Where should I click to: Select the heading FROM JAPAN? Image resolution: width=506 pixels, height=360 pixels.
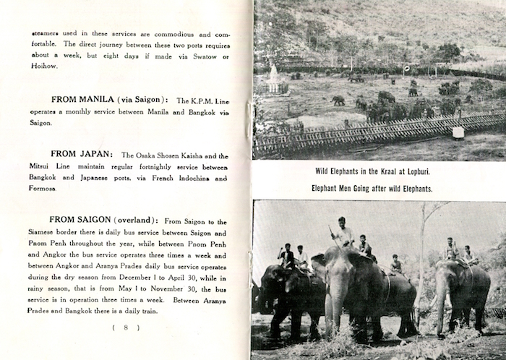pos(82,155)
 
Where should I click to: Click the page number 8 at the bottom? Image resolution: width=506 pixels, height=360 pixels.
pos(126,327)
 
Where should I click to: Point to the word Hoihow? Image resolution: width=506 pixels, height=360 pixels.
pos(46,67)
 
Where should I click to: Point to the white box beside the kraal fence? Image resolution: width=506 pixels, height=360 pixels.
pos(458,132)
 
